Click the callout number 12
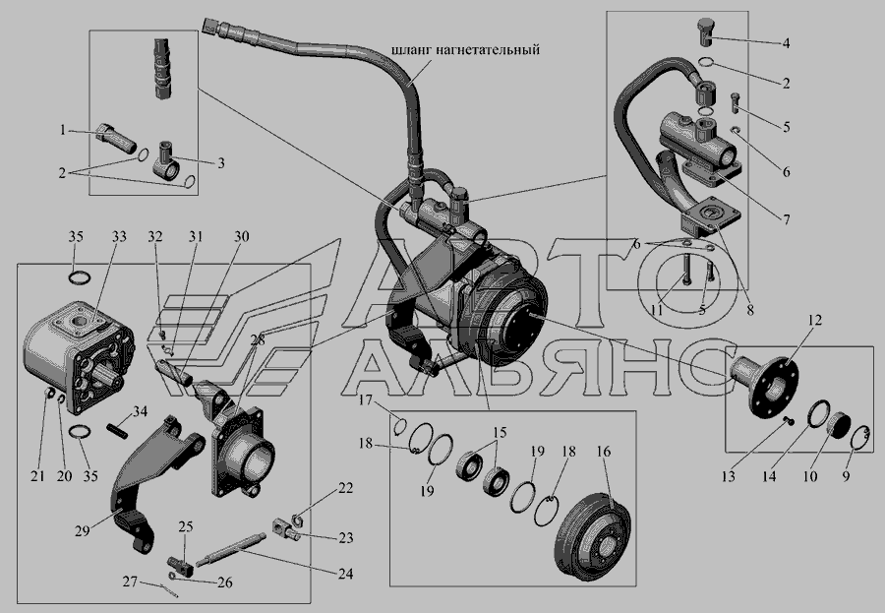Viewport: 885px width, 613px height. tap(815, 320)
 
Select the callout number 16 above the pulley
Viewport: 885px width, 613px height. tap(604, 452)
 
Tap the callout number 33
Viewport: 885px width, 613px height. tap(119, 236)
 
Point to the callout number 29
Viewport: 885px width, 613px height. tap(83, 531)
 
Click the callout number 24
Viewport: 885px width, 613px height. tap(345, 574)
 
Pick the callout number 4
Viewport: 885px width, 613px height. tap(786, 43)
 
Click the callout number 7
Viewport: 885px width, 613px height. tap(787, 219)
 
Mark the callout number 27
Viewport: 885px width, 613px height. tap(131, 581)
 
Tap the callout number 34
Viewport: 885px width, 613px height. tap(140, 411)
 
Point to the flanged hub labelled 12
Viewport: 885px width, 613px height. tap(764, 386)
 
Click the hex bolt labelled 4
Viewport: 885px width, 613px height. tap(705, 32)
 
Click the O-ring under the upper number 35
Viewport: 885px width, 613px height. tap(78, 277)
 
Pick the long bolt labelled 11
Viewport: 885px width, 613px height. tap(685, 269)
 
